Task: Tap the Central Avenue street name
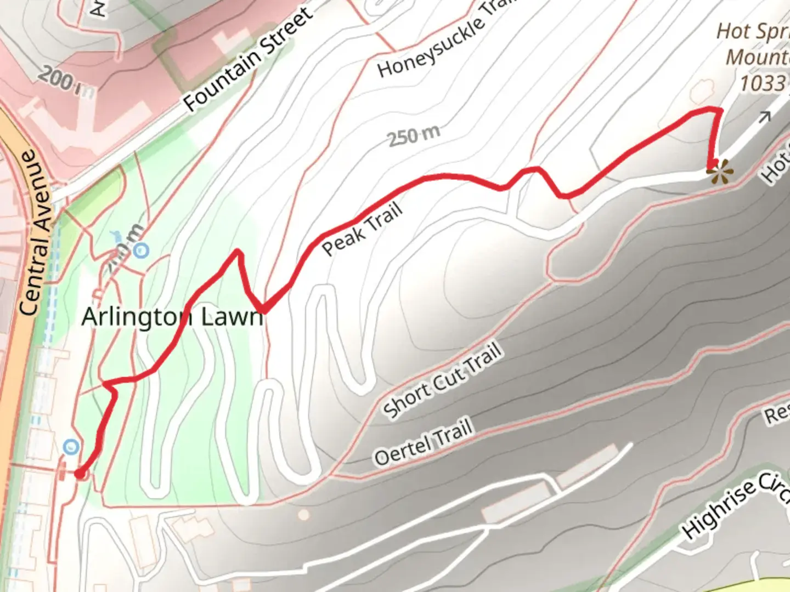click(37, 232)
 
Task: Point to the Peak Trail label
click(362, 229)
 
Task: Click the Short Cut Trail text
click(442, 380)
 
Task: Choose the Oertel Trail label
click(423, 442)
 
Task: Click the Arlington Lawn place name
click(172, 317)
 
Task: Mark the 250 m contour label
click(414, 136)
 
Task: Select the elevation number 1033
click(763, 83)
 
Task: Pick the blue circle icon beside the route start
click(71, 447)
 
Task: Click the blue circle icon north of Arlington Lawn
click(142, 251)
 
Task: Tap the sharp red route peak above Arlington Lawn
click(238, 252)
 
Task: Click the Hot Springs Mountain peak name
click(754, 44)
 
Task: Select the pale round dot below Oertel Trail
click(303, 515)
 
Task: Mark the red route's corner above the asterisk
click(719, 110)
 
